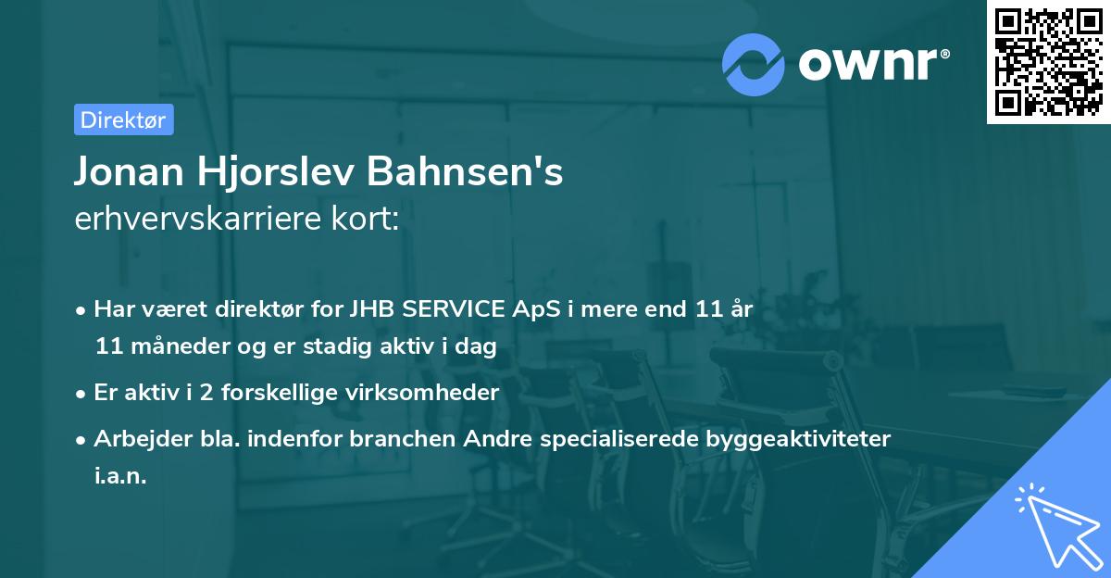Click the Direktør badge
tap(123, 119)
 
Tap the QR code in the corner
tap(1048, 61)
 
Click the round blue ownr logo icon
tap(754, 65)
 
